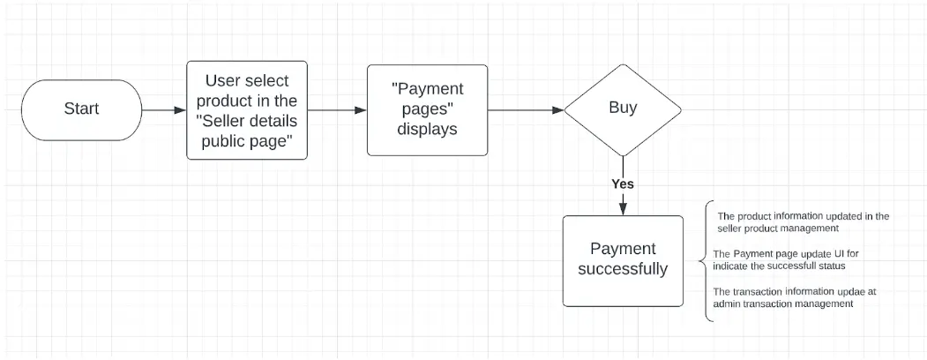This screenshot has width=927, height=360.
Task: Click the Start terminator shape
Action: tap(81, 110)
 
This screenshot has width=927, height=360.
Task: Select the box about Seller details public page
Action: tap(247, 110)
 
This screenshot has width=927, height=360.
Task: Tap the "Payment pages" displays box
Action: tap(428, 110)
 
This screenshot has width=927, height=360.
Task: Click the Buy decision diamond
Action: tap(623, 110)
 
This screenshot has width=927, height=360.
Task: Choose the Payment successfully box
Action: tap(623, 260)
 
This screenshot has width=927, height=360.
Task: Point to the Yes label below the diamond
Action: tap(623, 184)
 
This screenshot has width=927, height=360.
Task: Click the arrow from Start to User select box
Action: tap(164, 110)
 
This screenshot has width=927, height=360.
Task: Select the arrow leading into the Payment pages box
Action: tap(337, 110)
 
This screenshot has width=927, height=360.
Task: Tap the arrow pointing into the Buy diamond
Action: tap(526, 110)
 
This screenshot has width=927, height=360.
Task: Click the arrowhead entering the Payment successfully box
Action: tap(623, 209)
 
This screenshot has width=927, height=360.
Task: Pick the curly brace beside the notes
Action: tap(704, 260)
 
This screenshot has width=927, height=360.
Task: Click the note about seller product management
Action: tap(803, 221)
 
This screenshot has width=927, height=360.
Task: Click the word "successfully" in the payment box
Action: tap(623, 269)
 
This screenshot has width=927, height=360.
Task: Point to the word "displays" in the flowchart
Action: tap(427, 129)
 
